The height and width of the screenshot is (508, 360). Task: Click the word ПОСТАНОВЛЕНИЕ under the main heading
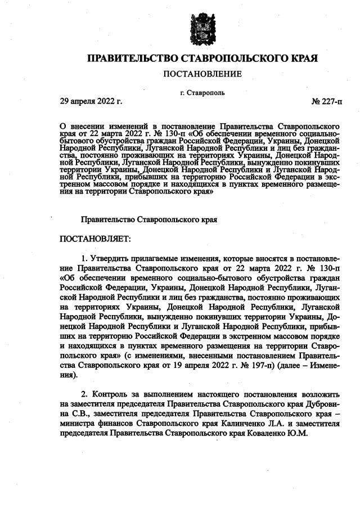coord(202,74)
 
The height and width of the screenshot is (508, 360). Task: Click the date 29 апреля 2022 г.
coord(91,102)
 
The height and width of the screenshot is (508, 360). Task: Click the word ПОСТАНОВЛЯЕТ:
coord(95,239)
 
